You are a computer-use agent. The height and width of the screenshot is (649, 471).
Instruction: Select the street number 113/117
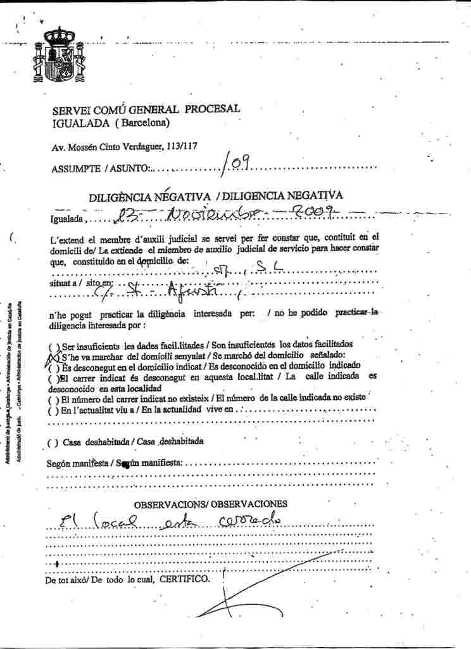pos(182,146)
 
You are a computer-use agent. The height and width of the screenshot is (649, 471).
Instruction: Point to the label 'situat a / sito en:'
pos(81,285)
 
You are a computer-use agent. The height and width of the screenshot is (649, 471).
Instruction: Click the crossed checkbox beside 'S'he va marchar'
pos(53,357)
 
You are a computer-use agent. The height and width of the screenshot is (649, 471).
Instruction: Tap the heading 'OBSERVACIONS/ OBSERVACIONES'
pos(210,504)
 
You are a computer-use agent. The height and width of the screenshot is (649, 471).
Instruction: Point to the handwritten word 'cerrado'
pos(249,522)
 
